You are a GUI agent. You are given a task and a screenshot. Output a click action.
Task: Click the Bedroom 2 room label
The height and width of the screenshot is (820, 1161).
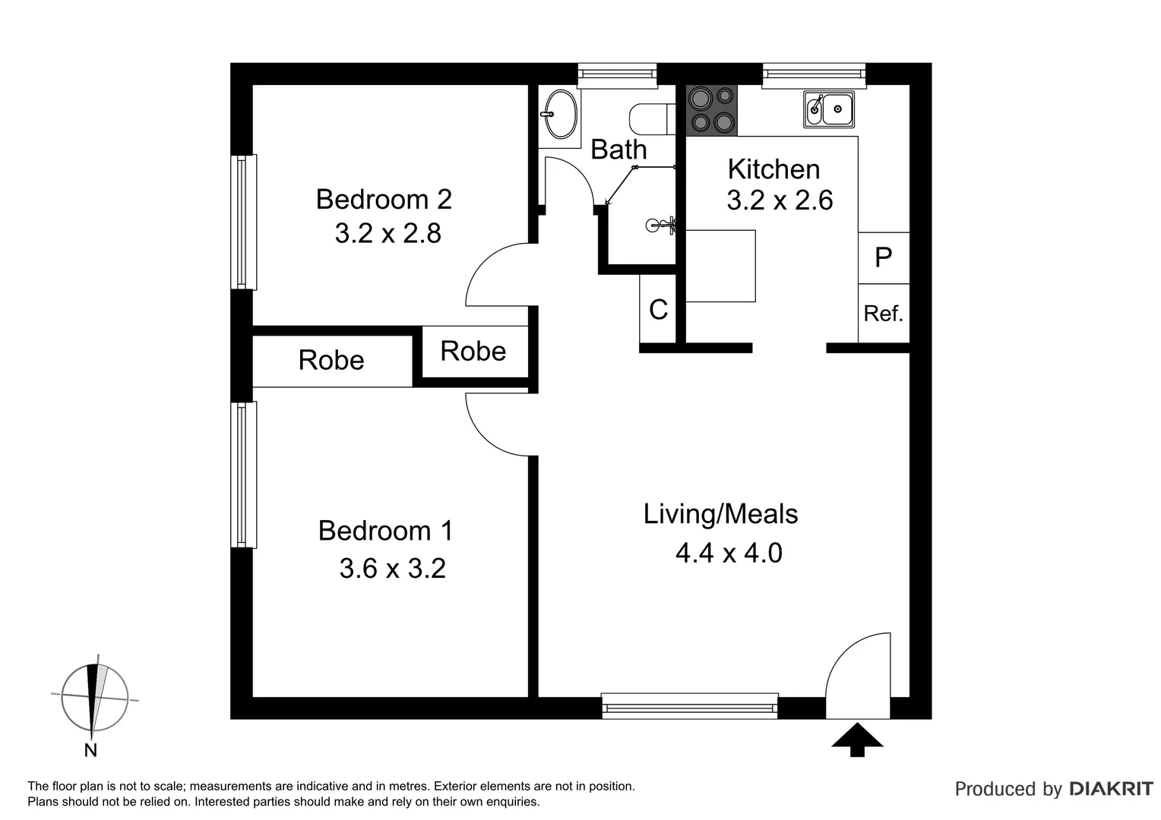click(384, 200)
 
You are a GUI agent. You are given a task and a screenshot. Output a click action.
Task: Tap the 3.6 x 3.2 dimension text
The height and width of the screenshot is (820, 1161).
click(392, 568)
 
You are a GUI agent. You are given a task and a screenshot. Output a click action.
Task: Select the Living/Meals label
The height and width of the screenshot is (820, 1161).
click(720, 514)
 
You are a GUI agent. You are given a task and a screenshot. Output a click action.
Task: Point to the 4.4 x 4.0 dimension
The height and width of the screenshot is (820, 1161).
click(729, 553)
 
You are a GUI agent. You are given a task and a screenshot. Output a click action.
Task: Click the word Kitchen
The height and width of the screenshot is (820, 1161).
click(773, 169)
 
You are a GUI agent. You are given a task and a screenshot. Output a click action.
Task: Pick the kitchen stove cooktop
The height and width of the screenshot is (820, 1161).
click(712, 110)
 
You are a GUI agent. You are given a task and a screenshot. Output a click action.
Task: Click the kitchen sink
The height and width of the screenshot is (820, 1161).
click(829, 109)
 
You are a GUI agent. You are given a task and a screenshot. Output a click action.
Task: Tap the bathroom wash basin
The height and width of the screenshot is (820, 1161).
click(561, 115)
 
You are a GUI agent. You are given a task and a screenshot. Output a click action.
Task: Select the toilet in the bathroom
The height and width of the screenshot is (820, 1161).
click(649, 118)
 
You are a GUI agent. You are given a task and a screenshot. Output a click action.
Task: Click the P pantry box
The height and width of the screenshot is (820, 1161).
click(883, 257)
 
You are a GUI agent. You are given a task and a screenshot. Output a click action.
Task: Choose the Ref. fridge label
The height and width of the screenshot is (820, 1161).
click(883, 313)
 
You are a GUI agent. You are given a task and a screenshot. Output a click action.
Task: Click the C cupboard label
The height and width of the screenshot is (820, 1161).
click(658, 309)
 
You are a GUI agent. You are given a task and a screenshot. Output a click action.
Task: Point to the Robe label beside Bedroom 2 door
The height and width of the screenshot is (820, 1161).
click(473, 351)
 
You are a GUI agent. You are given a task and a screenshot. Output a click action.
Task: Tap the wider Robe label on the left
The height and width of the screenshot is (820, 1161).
click(331, 360)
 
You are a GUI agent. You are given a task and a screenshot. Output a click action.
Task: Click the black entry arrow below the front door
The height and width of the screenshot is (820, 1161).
click(857, 740)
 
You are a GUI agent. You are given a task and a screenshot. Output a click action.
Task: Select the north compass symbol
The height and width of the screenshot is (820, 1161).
click(93, 697)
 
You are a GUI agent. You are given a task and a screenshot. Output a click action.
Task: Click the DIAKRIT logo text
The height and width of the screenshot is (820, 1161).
click(1111, 789)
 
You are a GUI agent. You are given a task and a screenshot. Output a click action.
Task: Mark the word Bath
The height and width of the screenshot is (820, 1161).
click(618, 150)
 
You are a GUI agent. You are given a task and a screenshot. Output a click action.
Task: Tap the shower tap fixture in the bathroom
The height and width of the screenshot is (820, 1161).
click(660, 224)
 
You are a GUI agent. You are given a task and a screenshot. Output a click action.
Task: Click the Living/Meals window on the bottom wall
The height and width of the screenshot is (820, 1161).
click(689, 705)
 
